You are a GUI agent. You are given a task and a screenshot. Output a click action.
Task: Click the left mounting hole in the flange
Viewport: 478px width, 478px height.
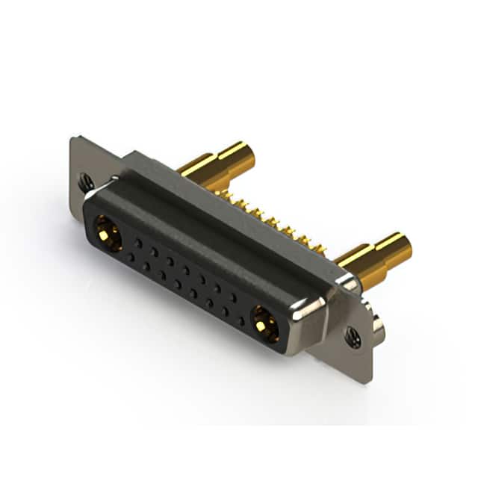click(87, 181)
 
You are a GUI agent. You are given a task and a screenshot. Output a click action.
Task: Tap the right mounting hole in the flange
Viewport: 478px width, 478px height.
click(353, 337)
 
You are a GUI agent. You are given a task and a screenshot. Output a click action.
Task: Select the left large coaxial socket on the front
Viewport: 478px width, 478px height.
click(108, 232)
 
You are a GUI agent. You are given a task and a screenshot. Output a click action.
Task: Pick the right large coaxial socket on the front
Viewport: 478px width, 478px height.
click(264, 323)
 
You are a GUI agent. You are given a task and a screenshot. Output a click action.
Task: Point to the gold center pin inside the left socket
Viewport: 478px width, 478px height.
click(108, 233)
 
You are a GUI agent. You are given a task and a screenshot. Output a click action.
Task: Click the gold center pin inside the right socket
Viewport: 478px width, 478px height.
click(264, 324)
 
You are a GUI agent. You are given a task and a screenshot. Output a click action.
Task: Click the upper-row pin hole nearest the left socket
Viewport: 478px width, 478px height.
click(138, 242)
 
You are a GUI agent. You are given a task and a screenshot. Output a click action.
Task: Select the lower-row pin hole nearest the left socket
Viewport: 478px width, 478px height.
click(131, 257)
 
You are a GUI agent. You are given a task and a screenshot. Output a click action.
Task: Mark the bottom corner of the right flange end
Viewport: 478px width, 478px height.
click(367, 379)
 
